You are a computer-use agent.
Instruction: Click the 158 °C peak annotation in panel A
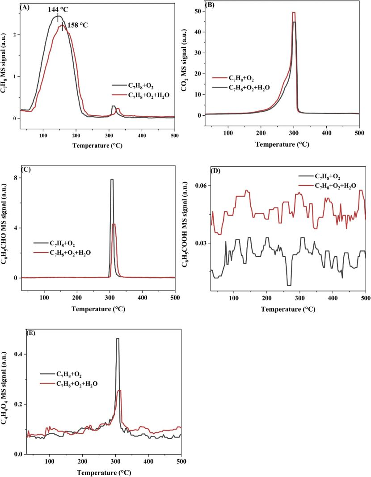point(78,25)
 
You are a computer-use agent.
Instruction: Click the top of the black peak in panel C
point(112,179)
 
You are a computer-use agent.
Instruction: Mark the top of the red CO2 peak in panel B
point(294,13)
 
